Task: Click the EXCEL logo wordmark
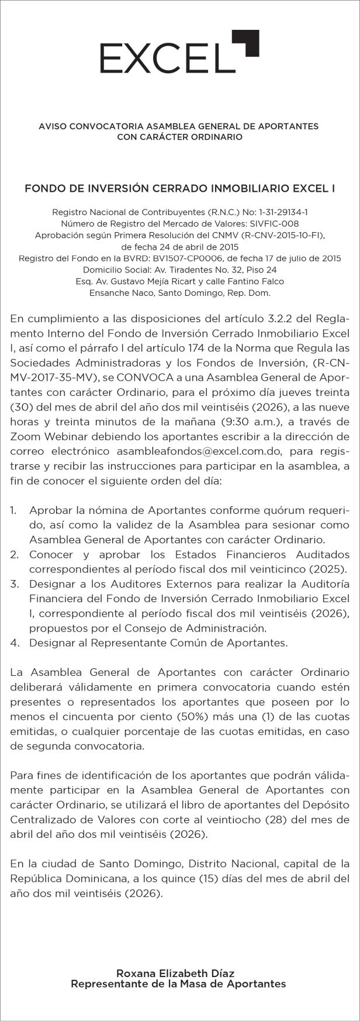click(164, 58)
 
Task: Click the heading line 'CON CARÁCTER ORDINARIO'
click(179, 137)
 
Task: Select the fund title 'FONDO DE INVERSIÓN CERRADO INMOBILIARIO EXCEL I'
click(180, 189)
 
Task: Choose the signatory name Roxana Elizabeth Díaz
click(175, 973)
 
